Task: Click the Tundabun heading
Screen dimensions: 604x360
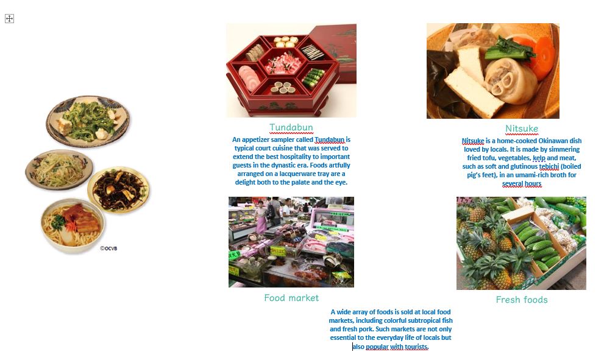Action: tap(291, 127)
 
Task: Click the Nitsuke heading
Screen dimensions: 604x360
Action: tap(522, 129)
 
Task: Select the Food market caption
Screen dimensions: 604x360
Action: tap(291, 298)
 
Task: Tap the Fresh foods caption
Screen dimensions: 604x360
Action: tap(522, 300)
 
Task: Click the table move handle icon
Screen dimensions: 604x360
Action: tap(9, 18)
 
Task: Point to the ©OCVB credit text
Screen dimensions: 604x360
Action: tap(108, 249)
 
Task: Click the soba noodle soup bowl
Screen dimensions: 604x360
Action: tap(73, 225)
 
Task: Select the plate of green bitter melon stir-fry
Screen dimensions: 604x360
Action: tap(88, 121)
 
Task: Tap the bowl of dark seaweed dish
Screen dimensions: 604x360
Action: tap(119, 189)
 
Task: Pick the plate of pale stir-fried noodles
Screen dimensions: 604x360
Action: tap(59, 169)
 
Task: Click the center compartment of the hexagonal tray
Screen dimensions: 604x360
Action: tap(284, 62)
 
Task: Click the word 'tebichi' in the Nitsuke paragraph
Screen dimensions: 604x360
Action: tap(549, 166)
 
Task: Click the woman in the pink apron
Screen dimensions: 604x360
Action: tap(261, 217)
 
